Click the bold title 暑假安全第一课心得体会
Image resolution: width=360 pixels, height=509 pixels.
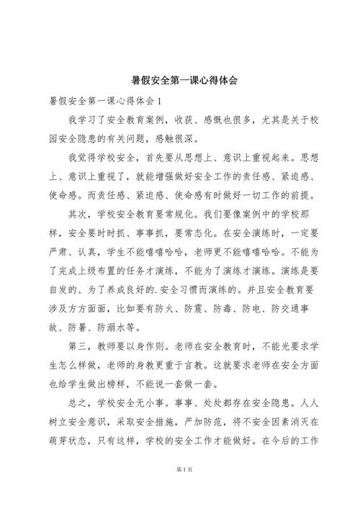[180, 81]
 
